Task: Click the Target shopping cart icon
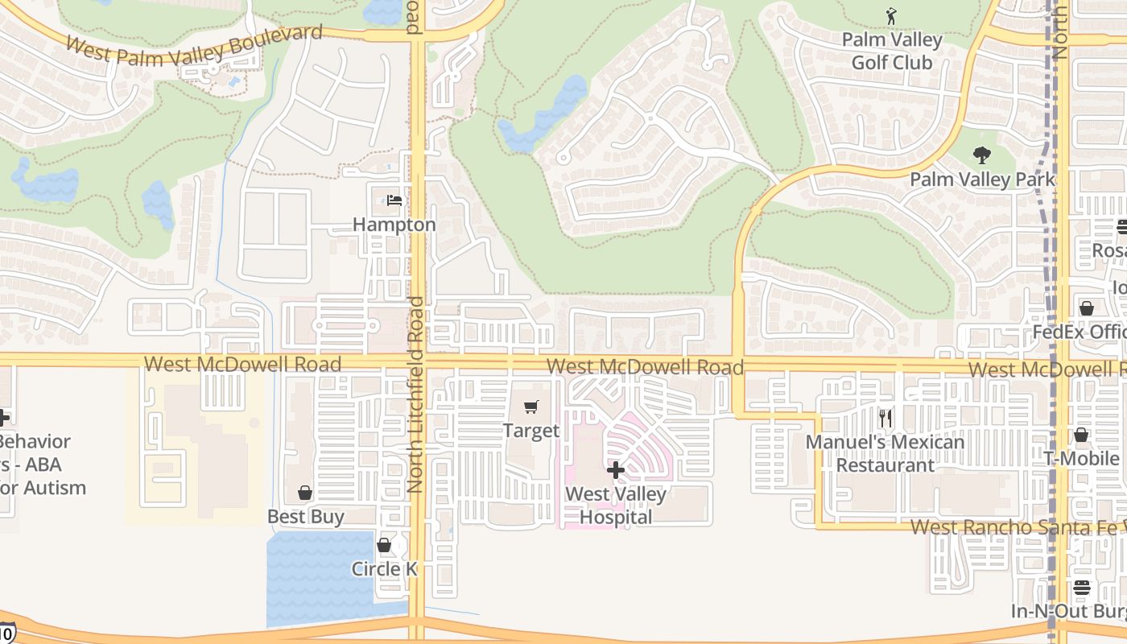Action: (530, 407)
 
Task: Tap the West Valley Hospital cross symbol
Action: (616, 469)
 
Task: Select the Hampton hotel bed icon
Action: (394, 200)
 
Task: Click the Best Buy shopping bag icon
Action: (305, 493)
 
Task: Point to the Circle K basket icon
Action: (384, 545)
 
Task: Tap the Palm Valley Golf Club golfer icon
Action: (891, 16)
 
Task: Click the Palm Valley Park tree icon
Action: (981, 155)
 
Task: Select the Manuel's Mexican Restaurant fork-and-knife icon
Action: (885, 419)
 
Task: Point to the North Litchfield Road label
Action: (415, 394)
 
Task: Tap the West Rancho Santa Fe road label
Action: (1014, 527)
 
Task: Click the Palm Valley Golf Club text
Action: (892, 51)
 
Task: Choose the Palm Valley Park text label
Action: (982, 179)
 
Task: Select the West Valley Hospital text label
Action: (616, 506)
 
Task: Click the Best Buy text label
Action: (306, 516)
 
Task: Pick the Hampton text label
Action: (394, 225)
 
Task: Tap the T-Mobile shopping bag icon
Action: (1081, 435)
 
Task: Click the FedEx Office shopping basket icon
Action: (1087, 308)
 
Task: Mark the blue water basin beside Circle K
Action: (318, 580)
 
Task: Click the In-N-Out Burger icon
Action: (1082, 588)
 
